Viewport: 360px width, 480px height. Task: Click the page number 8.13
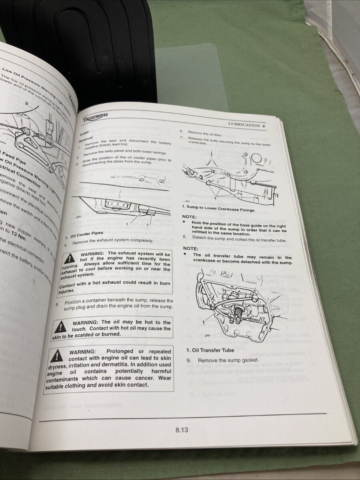(181, 430)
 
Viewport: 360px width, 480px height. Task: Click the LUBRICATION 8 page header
(247, 125)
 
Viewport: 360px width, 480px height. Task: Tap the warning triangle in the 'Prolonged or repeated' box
(57, 355)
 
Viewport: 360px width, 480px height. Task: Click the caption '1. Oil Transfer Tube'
(210, 350)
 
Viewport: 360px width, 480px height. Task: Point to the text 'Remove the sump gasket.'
(228, 360)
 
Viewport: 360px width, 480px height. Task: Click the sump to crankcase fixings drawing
(230, 176)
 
